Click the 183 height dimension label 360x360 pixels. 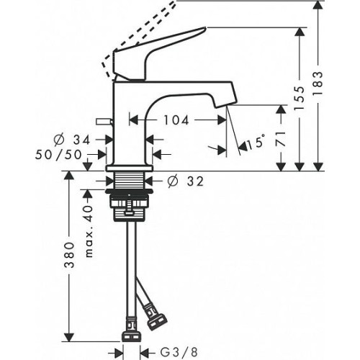point(318,84)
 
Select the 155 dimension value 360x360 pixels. point(300,99)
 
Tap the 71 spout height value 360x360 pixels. point(281,139)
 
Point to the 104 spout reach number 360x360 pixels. point(176,120)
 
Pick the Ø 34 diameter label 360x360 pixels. point(72,140)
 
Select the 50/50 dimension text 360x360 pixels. point(59,155)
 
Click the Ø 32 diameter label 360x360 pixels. point(186,181)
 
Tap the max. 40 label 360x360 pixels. point(89,231)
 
